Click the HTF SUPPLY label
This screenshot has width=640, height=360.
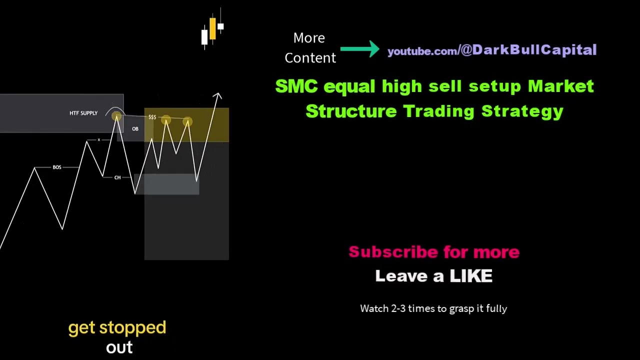point(83,113)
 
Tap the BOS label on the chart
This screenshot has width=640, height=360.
point(57,167)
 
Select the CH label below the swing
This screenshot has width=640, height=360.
point(117,177)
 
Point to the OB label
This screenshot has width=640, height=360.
point(135,129)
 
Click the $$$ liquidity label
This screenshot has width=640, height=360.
point(152,117)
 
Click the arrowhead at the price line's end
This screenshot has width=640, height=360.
point(217,95)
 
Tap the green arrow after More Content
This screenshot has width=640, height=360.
point(360,49)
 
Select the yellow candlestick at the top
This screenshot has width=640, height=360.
point(212,28)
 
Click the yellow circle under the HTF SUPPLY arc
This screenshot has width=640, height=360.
point(116,117)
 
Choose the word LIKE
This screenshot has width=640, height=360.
point(470,276)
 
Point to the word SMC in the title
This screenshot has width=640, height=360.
point(296,86)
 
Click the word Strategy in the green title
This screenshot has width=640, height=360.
point(522,111)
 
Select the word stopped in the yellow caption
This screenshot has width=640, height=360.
point(132,328)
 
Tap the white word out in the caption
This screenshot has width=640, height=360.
point(119,348)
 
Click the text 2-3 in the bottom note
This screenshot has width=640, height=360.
point(398,308)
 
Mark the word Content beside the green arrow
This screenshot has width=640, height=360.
point(310,58)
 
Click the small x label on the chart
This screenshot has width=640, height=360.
point(99,140)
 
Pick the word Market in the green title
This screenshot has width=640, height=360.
point(560,86)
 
